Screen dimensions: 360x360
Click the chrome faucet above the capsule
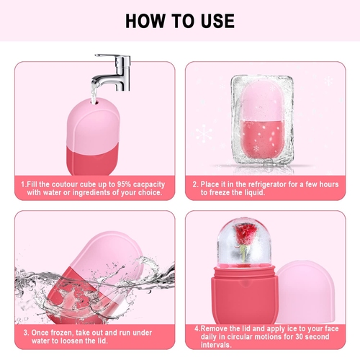pyautogui.click(x=113, y=72)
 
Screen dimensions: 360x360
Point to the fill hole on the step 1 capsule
pyautogui.click(x=94, y=102)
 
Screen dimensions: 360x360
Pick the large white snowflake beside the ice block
pyautogui.click(x=204, y=133)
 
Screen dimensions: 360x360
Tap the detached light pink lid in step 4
pyautogui.click(x=305, y=292)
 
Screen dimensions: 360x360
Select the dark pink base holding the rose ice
pyautogui.click(x=245, y=294)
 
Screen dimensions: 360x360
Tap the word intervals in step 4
pyautogui.click(x=216, y=345)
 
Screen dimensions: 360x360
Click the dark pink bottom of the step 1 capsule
pyautogui.click(x=93, y=160)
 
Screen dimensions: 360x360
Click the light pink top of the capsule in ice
pyautogui.click(x=261, y=101)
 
